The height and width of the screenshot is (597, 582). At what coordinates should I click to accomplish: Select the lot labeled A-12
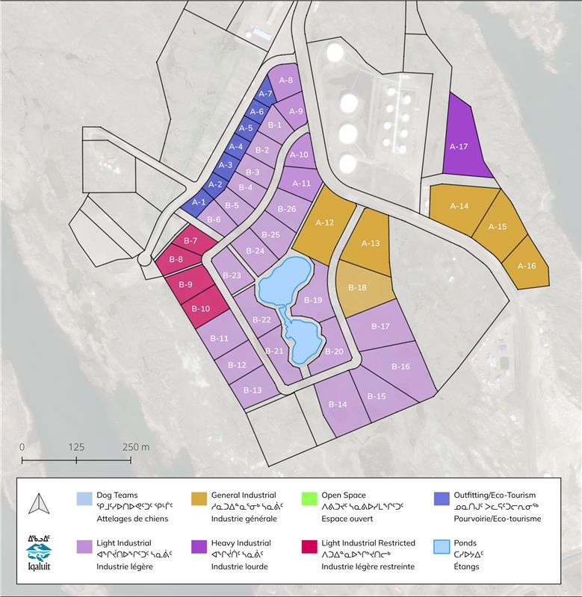coord(324,222)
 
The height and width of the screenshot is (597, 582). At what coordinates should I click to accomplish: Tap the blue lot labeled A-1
coord(199,201)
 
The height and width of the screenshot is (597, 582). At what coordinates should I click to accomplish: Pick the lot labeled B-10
coord(200,308)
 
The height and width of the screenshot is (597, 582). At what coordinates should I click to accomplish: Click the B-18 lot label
coord(358,287)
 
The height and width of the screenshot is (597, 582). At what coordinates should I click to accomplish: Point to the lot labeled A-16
coord(527,265)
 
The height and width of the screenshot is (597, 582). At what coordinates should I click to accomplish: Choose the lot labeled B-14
coord(338,404)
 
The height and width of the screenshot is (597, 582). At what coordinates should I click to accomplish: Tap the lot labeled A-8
coord(285,79)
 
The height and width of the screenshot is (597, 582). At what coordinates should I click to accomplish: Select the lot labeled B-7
coord(190,241)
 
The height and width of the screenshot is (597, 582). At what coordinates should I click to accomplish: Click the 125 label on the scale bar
coord(76,446)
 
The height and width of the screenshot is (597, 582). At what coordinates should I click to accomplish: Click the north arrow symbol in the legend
coord(37,506)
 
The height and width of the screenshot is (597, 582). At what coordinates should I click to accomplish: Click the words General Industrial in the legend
coord(244,495)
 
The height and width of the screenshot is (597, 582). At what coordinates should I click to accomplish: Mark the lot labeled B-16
coord(400,366)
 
